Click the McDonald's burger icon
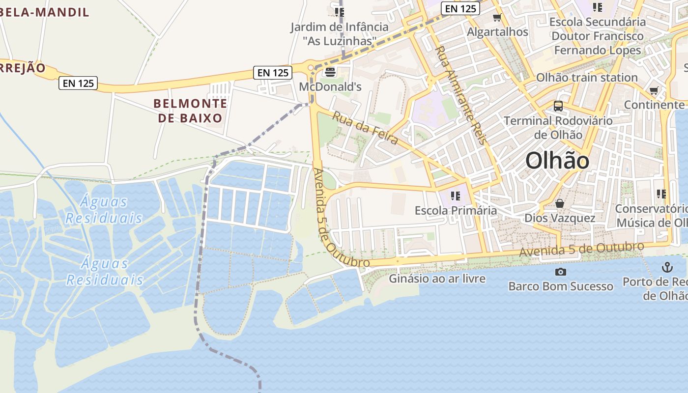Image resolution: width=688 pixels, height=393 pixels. [x=330, y=72]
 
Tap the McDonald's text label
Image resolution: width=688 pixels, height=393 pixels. [x=330, y=87]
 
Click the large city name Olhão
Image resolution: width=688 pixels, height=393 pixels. [x=557, y=161]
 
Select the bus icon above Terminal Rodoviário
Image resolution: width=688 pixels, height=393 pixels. [x=558, y=106]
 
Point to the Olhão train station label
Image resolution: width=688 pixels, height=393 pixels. [x=587, y=78]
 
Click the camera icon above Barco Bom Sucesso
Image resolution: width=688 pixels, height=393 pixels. [x=560, y=272]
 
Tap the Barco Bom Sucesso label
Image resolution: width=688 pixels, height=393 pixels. [x=561, y=286]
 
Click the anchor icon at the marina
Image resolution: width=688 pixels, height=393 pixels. [x=667, y=268]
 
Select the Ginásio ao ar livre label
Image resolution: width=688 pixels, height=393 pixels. [x=437, y=279]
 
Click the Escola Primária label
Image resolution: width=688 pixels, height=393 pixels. [x=456, y=210]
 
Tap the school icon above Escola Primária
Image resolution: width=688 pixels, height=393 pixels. [x=456, y=196]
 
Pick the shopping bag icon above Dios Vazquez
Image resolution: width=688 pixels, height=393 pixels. [x=559, y=203]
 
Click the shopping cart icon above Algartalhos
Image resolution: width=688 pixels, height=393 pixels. [x=497, y=18]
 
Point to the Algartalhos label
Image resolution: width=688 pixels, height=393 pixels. [x=497, y=32]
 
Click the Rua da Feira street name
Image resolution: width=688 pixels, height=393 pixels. [x=365, y=128]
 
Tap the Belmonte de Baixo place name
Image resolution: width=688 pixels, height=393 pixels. [x=190, y=111]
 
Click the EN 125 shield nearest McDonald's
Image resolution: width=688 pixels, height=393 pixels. [x=273, y=73]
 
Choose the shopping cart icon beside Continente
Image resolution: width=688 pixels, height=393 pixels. [x=654, y=91]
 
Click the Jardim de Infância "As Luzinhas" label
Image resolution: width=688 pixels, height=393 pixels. [x=339, y=34]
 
